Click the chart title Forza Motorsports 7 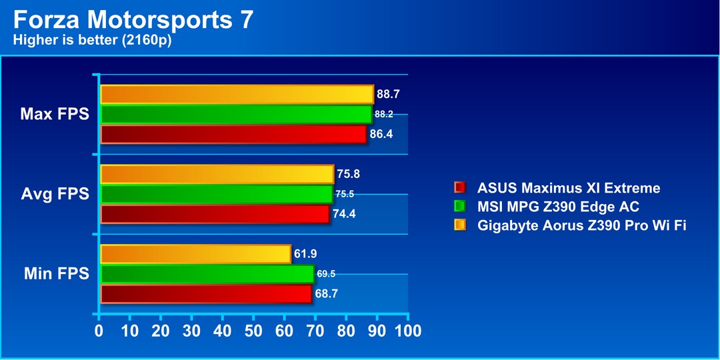133,19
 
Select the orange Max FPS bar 237,95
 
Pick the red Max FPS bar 233,135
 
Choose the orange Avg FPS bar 217,175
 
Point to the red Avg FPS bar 215,215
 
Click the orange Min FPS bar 195,254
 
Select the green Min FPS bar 207,274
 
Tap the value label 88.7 388,95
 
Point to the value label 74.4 343,215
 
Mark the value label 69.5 326,274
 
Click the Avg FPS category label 55,195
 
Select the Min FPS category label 56,274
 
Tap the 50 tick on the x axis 253,331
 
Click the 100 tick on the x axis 407,331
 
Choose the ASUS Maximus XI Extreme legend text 569,188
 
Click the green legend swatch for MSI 459,207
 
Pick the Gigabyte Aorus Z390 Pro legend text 582,225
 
